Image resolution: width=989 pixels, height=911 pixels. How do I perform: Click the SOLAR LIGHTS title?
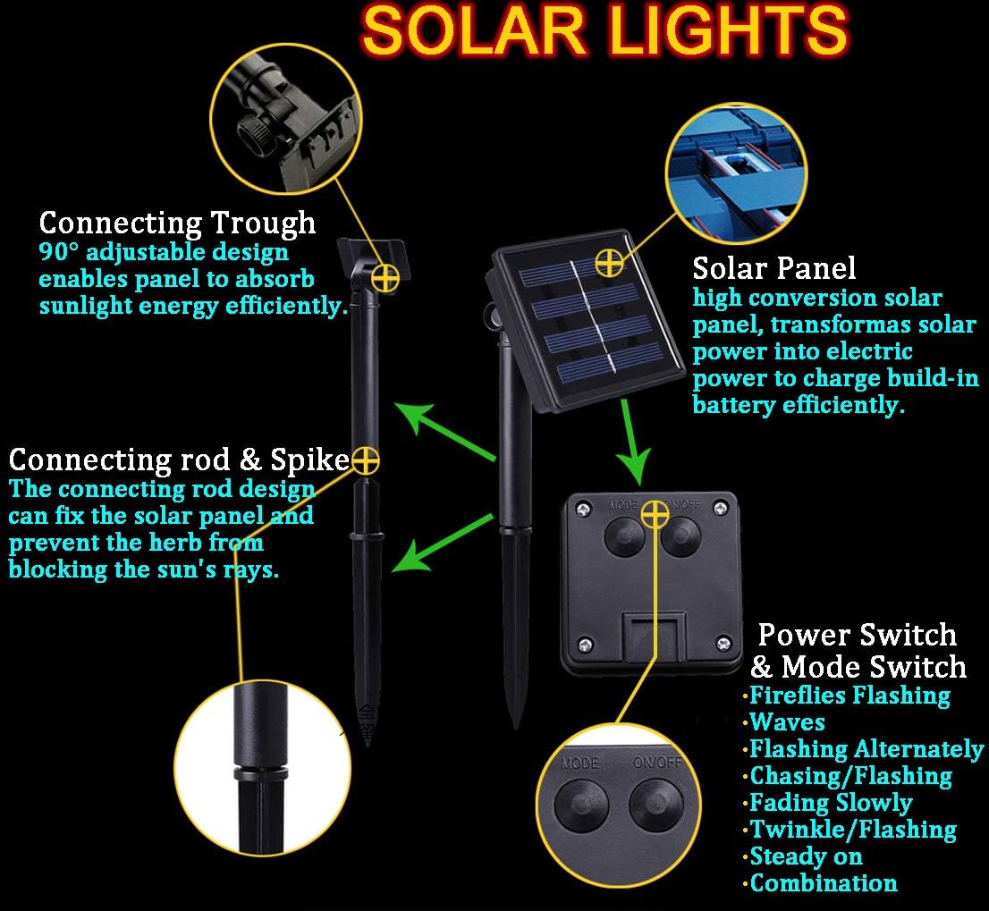coord(605,30)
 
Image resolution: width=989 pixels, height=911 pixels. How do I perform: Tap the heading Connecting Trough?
coord(177,223)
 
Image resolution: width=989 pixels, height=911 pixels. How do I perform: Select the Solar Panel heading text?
coord(773,268)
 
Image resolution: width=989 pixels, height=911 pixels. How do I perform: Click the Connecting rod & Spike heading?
coord(179,459)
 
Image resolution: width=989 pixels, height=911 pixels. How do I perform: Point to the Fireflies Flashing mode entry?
coord(849,696)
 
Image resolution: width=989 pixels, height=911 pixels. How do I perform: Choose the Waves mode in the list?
coord(787,721)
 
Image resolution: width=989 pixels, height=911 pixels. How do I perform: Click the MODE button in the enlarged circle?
coord(581,806)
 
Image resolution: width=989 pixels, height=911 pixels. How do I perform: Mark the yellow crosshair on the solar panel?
coord(609,262)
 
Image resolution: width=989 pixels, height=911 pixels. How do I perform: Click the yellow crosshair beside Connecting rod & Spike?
coord(365,460)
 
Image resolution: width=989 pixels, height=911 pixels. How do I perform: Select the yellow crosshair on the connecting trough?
coord(385,277)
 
